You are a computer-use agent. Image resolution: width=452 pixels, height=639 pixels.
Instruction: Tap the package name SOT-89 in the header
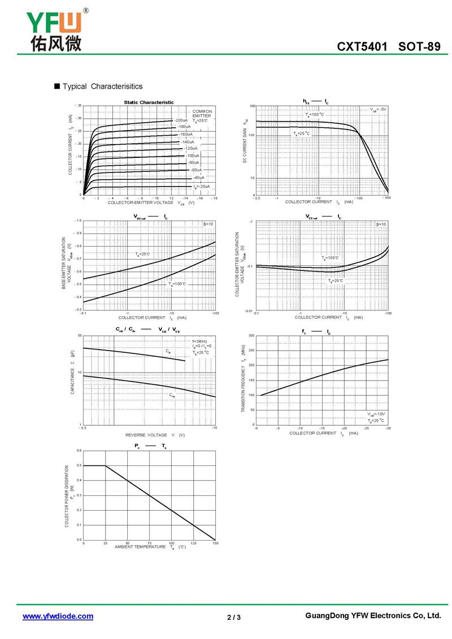coord(419,46)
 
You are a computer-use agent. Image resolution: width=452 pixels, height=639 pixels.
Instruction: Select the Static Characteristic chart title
coord(149,102)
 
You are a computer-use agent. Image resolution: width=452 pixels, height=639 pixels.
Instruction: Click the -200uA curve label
coord(181,120)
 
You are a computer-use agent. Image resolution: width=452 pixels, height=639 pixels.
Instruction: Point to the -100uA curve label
coord(193,156)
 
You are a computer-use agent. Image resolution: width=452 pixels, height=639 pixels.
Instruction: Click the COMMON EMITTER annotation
coord(202,114)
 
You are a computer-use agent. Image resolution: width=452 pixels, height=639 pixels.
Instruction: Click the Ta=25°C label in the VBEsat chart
coord(143,254)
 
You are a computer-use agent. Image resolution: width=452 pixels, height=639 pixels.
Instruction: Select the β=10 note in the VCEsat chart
coord(381,224)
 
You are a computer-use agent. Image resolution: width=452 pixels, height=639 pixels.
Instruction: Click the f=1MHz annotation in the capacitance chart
coord(200,342)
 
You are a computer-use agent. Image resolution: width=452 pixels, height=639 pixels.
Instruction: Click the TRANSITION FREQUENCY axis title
coord(243,387)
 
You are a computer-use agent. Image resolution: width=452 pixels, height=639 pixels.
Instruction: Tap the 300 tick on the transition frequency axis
coord(251,335)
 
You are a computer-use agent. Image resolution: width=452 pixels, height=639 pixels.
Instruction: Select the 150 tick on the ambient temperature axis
coord(215,543)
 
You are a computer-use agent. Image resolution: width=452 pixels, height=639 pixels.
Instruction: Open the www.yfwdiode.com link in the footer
coord(58,616)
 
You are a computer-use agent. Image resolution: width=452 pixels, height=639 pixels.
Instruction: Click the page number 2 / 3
coord(234,617)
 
